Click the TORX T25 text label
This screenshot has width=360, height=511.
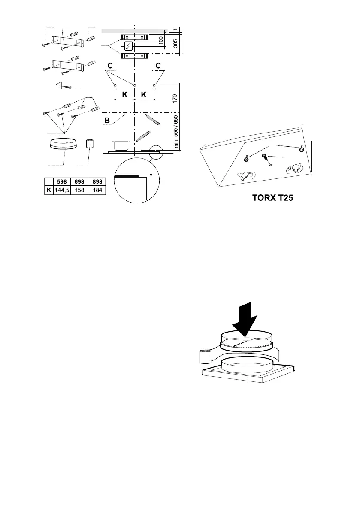273,199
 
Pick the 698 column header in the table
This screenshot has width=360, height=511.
79,182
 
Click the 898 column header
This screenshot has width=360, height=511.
97,182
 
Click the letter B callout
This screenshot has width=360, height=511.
107,121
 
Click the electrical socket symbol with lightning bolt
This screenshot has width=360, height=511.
128,47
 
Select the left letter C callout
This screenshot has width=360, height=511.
111,66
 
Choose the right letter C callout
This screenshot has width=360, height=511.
158,66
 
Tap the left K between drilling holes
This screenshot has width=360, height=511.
124,95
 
